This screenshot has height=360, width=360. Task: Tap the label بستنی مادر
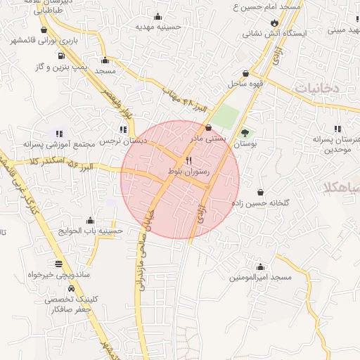[209, 139]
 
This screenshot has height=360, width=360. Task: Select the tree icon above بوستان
[245, 132]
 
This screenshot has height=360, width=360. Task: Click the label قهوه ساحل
[244, 84]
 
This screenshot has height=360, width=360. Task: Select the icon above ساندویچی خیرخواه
[58, 264]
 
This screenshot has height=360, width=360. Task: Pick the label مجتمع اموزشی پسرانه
[58, 143]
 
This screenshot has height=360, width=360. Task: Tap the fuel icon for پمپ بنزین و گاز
[62, 56]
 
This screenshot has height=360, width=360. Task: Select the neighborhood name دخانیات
[316, 89]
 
